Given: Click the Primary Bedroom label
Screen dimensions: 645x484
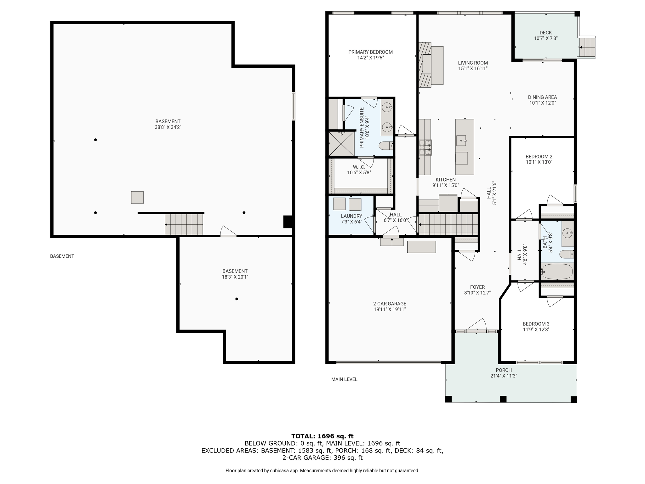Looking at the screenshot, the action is click(x=370, y=52).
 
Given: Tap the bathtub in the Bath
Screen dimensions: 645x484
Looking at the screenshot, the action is click(x=557, y=271).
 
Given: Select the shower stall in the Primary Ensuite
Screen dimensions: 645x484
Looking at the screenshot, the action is click(x=341, y=144).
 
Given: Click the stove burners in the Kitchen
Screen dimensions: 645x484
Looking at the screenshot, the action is click(x=425, y=147).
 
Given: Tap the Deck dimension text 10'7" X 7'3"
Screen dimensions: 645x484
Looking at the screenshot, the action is click(x=545, y=38).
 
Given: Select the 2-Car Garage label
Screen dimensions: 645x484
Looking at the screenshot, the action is click(x=390, y=304).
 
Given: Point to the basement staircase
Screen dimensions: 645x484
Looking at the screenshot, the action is click(x=184, y=224).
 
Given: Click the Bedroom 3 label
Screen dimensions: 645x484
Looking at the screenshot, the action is click(x=536, y=324).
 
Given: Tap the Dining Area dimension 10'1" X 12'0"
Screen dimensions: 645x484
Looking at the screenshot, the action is click(x=542, y=103).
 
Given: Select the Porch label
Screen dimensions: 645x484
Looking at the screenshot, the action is click(x=504, y=370).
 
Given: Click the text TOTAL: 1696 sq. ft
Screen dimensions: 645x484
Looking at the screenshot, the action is click(x=322, y=436).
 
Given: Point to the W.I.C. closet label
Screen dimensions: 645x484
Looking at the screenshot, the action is click(x=359, y=167).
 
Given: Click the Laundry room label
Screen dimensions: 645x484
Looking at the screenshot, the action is click(x=351, y=216).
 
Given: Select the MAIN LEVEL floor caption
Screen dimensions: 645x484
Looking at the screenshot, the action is click(x=344, y=379).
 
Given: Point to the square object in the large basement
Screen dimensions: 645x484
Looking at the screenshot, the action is click(x=137, y=198).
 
